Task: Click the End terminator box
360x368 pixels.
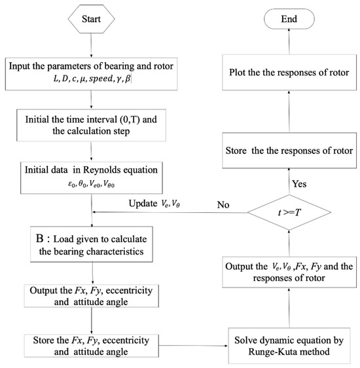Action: click(284, 20)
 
